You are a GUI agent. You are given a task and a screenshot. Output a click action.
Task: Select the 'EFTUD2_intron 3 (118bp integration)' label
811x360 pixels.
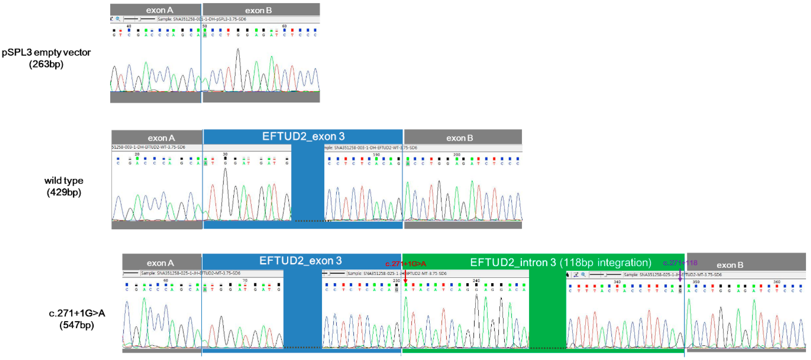point(560,262)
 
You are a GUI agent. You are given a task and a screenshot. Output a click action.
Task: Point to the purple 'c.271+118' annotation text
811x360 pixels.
point(680,263)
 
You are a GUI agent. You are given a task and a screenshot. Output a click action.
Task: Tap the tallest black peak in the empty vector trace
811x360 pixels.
point(238,50)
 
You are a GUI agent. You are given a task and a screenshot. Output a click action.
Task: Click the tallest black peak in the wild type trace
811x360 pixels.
point(225,170)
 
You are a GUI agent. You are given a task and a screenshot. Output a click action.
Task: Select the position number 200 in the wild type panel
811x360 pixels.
point(456,155)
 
